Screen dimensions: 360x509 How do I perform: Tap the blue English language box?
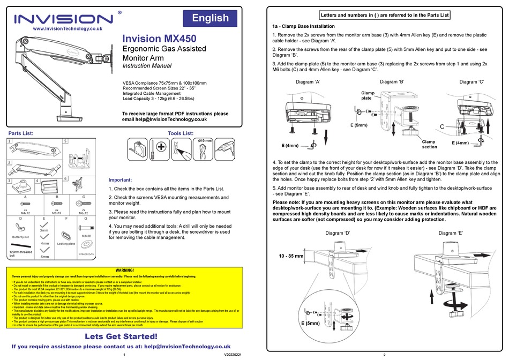(x=210, y=18)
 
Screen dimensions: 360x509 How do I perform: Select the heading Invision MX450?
(x=159, y=39)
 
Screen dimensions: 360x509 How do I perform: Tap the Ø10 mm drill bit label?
(x=206, y=140)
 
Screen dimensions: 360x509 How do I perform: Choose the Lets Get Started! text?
(x=121, y=336)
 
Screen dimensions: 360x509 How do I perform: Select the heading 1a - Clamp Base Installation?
(x=303, y=26)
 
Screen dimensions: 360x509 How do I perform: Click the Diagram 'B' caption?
(x=395, y=82)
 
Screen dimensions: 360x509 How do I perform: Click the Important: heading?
(x=124, y=180)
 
